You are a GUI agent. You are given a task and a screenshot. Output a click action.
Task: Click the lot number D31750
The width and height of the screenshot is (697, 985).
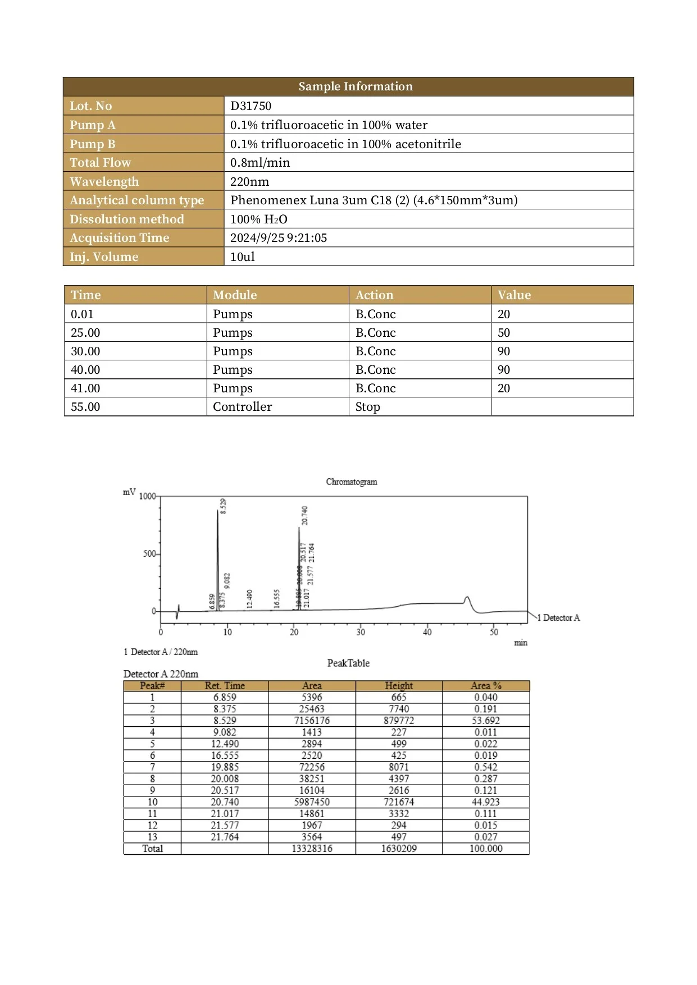(x=250, y=106)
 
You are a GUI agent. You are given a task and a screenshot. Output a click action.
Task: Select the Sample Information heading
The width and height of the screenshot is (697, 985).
(x=355, y=86)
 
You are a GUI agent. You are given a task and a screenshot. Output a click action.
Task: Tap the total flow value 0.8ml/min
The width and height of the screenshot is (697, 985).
(x=260, y=163)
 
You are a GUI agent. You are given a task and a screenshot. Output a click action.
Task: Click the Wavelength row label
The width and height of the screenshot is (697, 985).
(x=104, y=182)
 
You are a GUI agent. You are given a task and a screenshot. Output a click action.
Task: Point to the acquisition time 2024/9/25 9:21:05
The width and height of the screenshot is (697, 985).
(x=279, y=238)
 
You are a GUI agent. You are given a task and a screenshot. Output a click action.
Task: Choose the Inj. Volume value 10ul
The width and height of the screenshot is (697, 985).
(x=243, y=257)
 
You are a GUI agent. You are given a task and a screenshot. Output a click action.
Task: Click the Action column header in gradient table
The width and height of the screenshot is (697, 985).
(x=374, y=295)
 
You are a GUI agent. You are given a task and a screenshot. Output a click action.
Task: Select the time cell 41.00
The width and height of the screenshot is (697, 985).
(x=85, y=388)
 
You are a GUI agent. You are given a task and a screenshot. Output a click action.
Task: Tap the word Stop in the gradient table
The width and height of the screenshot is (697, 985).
(x=367, y=407)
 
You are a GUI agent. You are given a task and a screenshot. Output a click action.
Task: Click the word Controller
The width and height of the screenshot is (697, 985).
(x=242, y=407)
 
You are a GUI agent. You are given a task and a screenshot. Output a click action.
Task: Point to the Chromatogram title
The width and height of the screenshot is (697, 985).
(x=352, y=482)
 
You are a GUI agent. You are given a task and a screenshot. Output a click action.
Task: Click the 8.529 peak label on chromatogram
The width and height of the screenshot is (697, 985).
(x=223, y=506)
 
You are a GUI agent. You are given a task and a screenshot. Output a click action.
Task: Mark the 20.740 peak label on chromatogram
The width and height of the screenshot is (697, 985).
(x=304, y=515)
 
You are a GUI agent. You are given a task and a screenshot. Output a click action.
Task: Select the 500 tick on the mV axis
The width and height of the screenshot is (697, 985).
(x=149, y=554)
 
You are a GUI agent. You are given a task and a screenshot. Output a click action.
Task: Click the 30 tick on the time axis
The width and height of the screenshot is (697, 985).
(x=361, y=632)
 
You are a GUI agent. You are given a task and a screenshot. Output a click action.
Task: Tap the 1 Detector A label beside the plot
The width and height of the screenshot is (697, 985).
(x=558, y=618)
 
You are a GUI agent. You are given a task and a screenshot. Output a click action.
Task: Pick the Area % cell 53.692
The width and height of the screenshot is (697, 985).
(x=486, y=721)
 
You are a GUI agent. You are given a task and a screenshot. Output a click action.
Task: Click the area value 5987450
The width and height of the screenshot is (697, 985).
(x=312, y=802)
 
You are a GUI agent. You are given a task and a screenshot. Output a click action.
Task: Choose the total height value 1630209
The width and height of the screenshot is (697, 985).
(x=399, y=849)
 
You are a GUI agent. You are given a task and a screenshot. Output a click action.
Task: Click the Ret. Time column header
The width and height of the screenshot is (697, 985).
(x=225, y=686)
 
